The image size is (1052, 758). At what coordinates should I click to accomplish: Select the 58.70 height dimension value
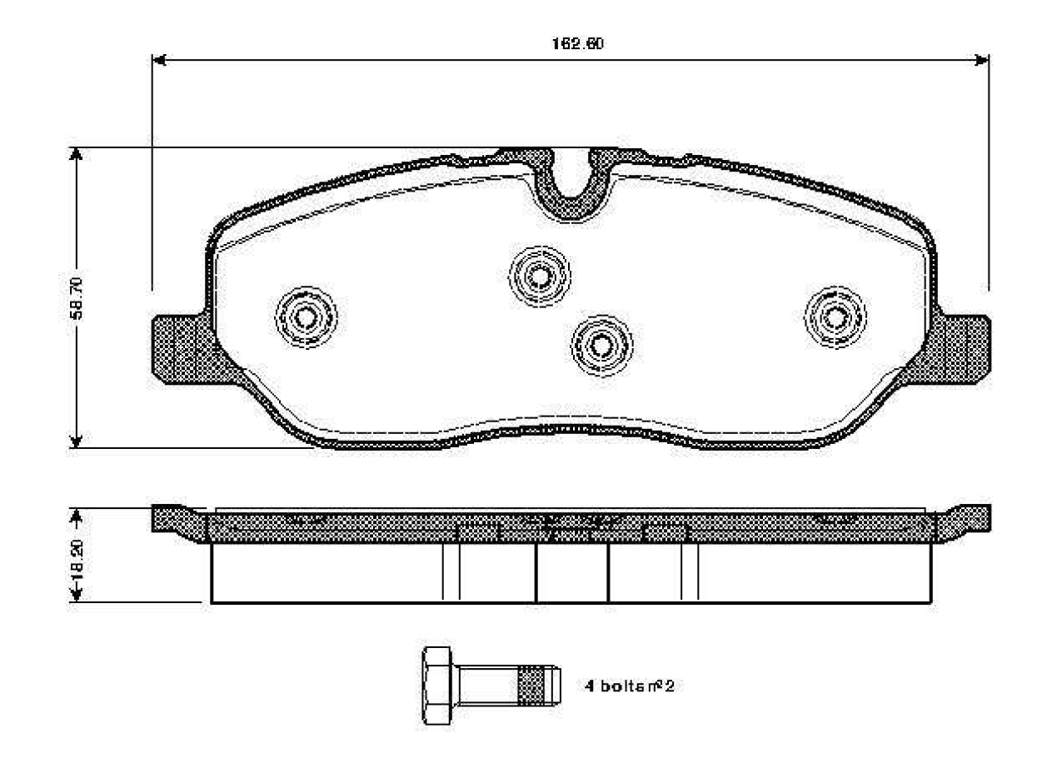(76, 298)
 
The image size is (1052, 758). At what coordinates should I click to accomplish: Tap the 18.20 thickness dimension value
(76, 556)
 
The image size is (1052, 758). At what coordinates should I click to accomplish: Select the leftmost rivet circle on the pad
(306, 316)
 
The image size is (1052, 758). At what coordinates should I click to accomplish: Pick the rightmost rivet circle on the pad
(835, 315)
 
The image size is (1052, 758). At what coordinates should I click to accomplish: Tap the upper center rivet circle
(540, 273)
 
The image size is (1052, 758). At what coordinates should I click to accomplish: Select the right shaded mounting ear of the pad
(966, 348)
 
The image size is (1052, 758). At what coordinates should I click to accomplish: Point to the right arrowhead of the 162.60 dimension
(982, 60)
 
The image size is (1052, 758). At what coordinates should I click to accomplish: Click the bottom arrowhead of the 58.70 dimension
(76, 441)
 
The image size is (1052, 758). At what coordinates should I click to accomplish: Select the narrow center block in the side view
(572, 573)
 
